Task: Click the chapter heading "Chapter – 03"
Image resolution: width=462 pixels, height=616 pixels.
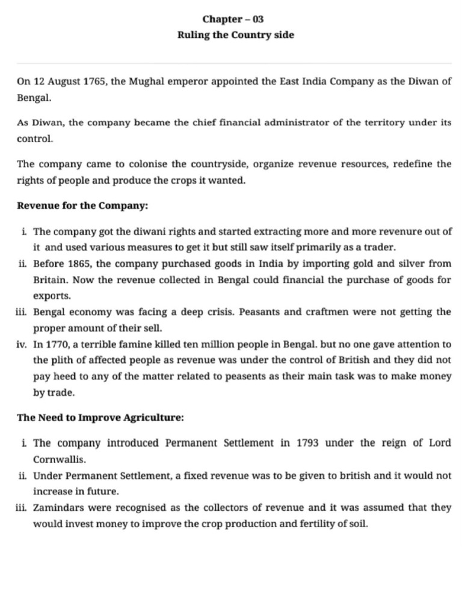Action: coord(233,19)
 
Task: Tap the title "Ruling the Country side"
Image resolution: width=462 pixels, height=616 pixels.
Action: coord(235,35)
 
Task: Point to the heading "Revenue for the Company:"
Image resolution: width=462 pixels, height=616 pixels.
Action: coord(82,206)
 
